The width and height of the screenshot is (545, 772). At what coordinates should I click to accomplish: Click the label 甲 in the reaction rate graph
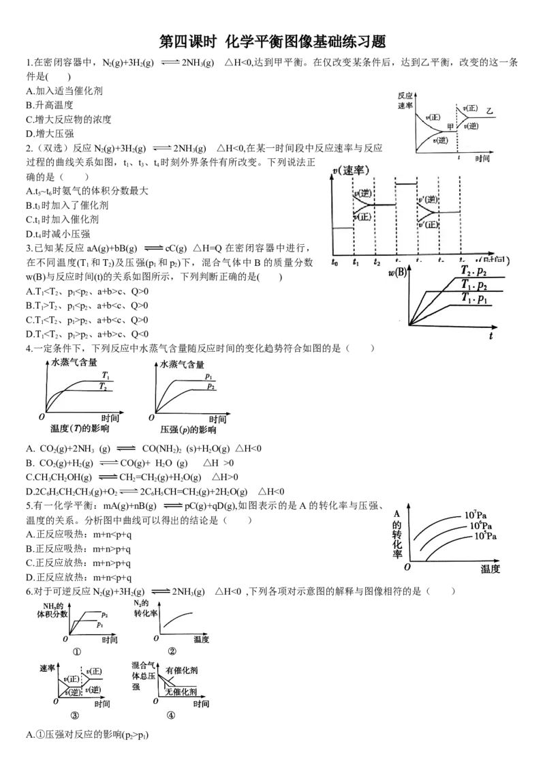pyautogui.click(x=449, y=126)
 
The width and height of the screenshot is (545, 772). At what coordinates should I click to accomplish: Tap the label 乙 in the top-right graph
pyautogui.click(x=490, y=110)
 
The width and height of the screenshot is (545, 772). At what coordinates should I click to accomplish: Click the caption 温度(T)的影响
pyautogui.click(x=80, y=431)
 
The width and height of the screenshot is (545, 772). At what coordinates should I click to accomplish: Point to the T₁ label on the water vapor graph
pyautogui.click(x=106, y=374)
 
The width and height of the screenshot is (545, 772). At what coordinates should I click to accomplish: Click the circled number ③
pyautogui.click(x=75, y=715)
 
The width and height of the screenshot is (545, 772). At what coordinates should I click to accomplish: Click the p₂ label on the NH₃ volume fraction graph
pyautogui.click(x=105, y=614)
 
